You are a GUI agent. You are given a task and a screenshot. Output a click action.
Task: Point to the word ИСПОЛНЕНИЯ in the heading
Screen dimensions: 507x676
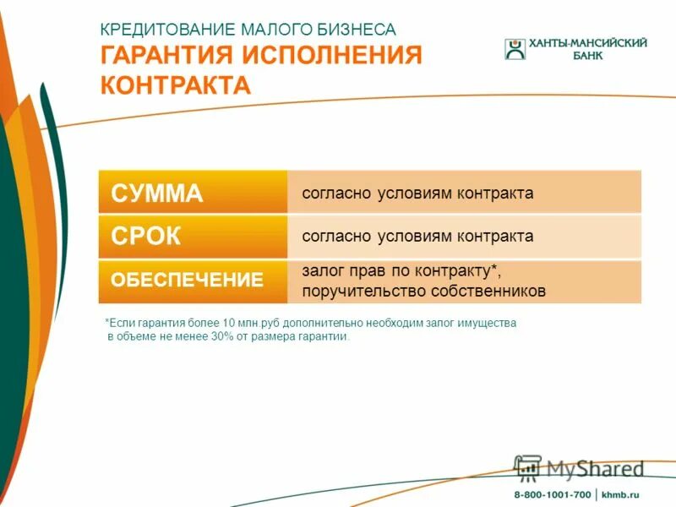pyautogui.click(x=332, y=56)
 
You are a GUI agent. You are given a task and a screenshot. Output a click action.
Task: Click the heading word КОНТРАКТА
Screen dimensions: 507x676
pyautogui.click(x=176, y=85)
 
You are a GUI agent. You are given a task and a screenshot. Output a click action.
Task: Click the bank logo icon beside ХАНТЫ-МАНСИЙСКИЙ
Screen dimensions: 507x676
pyautogui.click(x=515, y=49)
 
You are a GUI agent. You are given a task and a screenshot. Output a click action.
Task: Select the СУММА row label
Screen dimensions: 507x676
pyautogui.click(x=157, y=194)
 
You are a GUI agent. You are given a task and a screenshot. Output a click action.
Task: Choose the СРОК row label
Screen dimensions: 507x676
pyautogui.click(x=146, y=237)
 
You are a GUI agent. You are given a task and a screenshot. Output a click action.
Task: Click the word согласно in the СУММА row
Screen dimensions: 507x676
pyautogui.click(x=331, y=194)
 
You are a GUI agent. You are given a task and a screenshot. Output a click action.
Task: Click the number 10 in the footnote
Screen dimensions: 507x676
pyautogui.click(x=230, y=324)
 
